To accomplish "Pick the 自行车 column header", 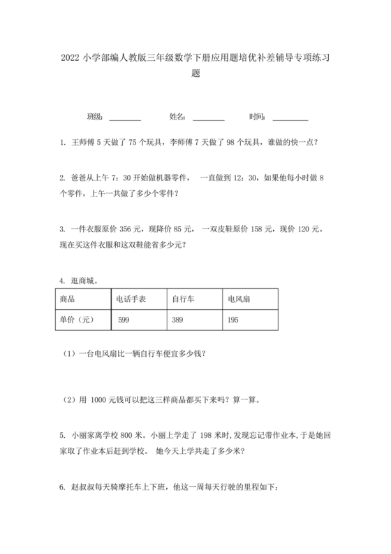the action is (183, 299).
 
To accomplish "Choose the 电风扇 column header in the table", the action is (239, 299).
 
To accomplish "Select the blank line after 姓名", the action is (208, 116).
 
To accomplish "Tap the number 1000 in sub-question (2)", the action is (98, 399).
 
